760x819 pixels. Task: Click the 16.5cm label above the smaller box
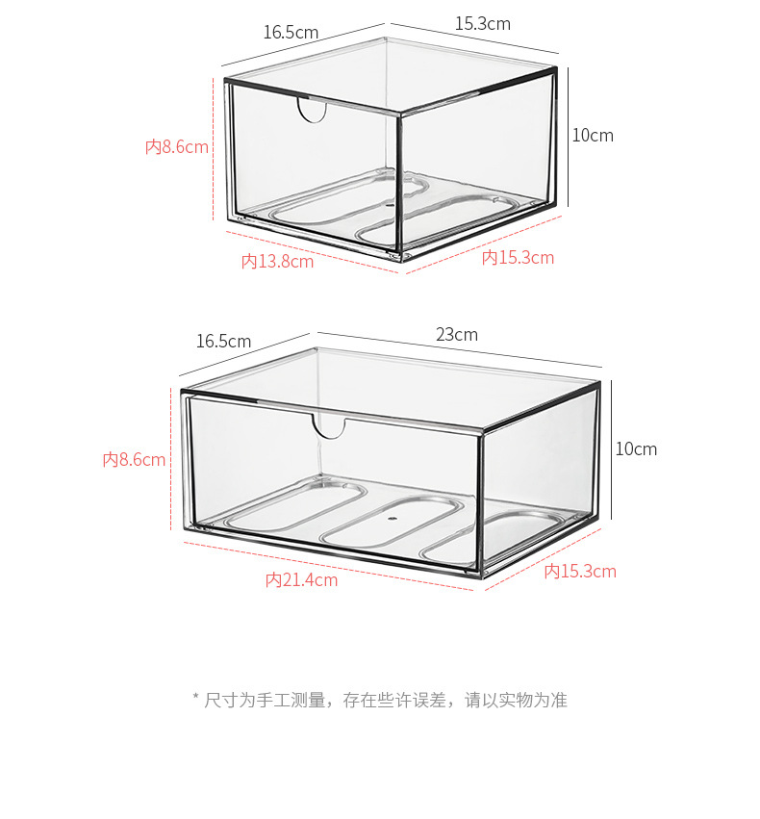point(291,32)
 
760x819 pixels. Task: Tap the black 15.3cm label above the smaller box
point(482,24)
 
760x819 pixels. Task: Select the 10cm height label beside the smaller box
point(593,136)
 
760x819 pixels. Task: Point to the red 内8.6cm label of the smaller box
point(177,147)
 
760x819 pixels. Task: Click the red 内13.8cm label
point(277,261)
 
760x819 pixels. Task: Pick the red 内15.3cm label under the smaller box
point(518,258)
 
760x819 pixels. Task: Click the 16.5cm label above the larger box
point(223,342)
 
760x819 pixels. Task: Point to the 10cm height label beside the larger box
point(636,449)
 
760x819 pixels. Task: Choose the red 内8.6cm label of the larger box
point(135,460)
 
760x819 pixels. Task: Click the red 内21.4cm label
point(301,580)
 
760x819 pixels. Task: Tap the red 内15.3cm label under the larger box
point(580,572)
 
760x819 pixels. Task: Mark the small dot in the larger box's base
point(392,517)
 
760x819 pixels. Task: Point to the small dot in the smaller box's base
point(388,205)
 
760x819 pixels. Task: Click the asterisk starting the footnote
point(195,700)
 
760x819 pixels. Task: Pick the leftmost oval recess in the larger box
point(296,507)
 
